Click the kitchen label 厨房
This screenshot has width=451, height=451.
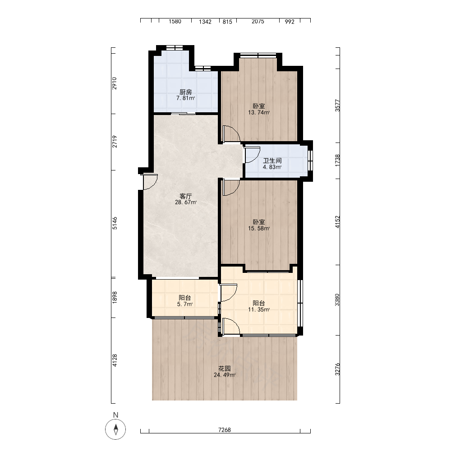[x=185, y=92]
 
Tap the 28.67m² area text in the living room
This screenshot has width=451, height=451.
[x=186, y=202]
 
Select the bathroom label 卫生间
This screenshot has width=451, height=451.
[x=272, y=161]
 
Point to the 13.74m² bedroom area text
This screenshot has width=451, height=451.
[x=259, y=112]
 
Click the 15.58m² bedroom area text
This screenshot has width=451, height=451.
[x=259, y=228]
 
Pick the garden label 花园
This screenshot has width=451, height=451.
[x=224, y=368]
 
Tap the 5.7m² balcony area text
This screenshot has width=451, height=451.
[x=185, y=304]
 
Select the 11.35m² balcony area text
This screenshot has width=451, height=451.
[x=259, y=309]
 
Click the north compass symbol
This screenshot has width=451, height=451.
[x=115, y=429]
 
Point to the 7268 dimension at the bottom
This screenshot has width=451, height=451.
[x=225, y=430]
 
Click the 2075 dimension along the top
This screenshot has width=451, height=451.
[x=258, y=21]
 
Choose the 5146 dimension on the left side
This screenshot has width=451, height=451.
[x=115, y=223]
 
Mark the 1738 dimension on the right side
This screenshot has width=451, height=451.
[x=337, y=160]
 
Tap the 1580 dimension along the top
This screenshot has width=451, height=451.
[x=175, y=21]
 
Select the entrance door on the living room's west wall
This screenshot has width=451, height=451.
[x=150, y=182]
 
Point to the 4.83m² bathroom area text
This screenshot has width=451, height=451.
[x=272, y=167]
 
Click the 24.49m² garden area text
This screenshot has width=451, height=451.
[x=225, y=375]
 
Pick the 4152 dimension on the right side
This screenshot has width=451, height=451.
[x=337, y=222]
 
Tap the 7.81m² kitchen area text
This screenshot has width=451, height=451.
[x=185, y=98]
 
